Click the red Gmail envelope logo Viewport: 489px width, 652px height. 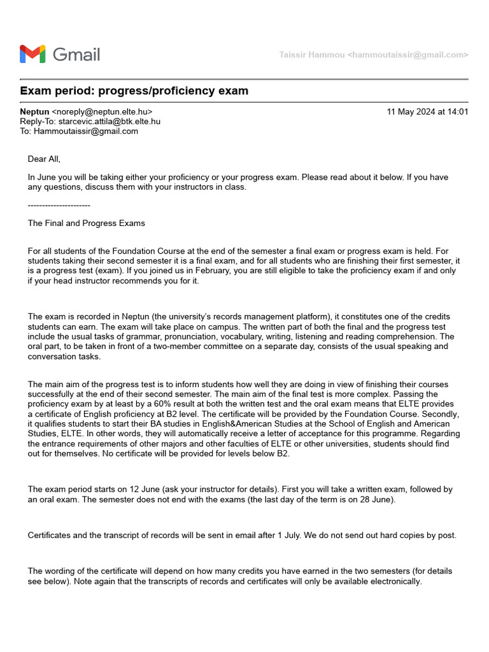[x=32, y=54]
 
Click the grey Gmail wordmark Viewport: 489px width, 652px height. [x=76, y=55]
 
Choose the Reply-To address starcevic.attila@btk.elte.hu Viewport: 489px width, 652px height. [x=109, y=122]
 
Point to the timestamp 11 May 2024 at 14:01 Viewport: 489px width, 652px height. [x=427, y=112]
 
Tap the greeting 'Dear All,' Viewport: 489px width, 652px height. [x=44, y=159]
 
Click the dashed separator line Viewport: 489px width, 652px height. [x=59, y=205]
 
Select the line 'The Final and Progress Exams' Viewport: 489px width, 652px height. [x=86, y=223]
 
